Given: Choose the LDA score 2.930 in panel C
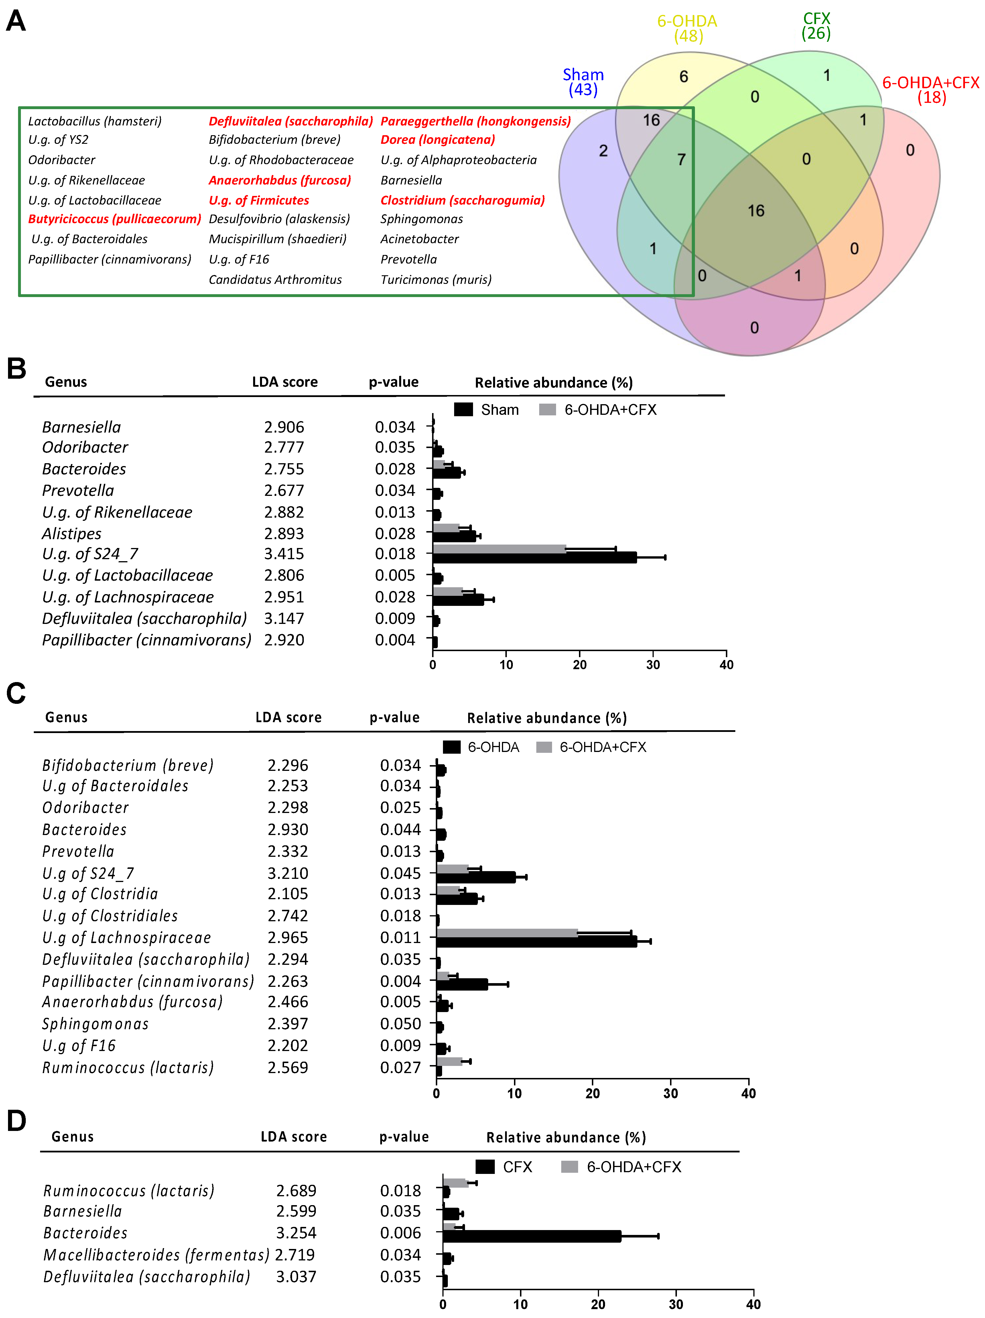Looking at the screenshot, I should tap(288, 829).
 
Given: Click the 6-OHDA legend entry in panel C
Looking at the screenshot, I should tap(481, 747).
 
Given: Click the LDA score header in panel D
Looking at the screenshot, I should tap(293, 1137).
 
